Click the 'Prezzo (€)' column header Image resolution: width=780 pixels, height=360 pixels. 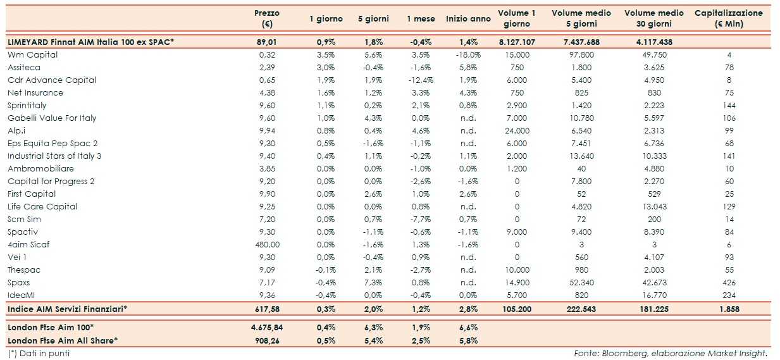pos(266,18)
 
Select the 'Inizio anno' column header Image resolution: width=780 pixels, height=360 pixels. pos(467,19)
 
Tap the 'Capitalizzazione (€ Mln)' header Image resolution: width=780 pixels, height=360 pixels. pos(728,18)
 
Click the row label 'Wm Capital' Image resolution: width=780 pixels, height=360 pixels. pos(32,55)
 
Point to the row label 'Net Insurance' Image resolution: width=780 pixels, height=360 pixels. pos(35,93)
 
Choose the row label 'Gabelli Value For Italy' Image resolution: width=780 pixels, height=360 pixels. pos(52,118)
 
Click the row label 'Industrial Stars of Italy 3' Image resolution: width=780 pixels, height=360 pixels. pos(54,156)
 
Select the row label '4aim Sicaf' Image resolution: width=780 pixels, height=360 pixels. pos(28,245)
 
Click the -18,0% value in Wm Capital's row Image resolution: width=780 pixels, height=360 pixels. pos(467,55)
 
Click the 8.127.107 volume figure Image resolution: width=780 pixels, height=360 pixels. pos(517,42)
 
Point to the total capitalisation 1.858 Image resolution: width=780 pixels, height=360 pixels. pos(729,309)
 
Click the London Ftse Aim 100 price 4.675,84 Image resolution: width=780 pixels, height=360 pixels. pos(266,328)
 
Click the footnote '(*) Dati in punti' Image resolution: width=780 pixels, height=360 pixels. pos(39,354)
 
